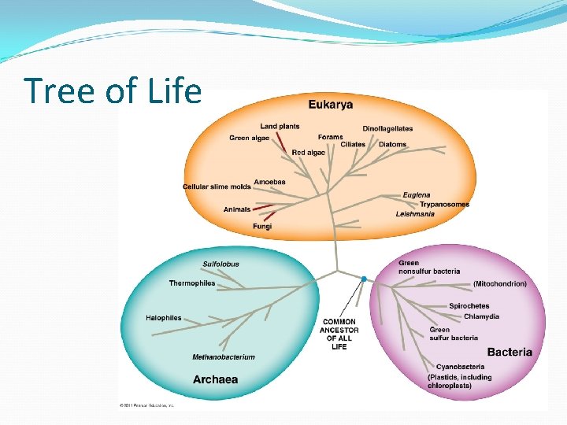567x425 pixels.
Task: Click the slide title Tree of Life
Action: tap(113, 91)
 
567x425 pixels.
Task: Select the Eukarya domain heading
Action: tap(330, 104)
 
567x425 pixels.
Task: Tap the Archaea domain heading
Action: tap(215, 379)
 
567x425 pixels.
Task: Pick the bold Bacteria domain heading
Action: tap(510, 353)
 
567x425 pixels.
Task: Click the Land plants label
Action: tap(280, 126)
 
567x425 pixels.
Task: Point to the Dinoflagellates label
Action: tap(387, 128)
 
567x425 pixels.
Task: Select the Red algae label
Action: tap(308, 152)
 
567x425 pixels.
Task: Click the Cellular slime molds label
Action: tap(217, 187)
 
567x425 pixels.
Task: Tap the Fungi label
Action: tap(262, 226)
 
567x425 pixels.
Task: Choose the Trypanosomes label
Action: tap(444, 204)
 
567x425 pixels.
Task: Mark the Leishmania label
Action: tap(415, 214)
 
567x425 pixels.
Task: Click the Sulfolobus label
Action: tap(220, 264)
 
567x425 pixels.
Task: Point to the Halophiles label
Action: tap(163, 318)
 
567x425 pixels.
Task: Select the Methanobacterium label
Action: tap(224, 357)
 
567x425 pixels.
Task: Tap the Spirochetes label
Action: tap(469, 306)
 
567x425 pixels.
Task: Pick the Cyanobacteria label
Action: tap(460, 367)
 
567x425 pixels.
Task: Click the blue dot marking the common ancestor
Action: tap(364, 279)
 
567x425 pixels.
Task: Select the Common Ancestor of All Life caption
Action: tap(339, 334)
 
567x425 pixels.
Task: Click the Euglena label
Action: tap(417, 194)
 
